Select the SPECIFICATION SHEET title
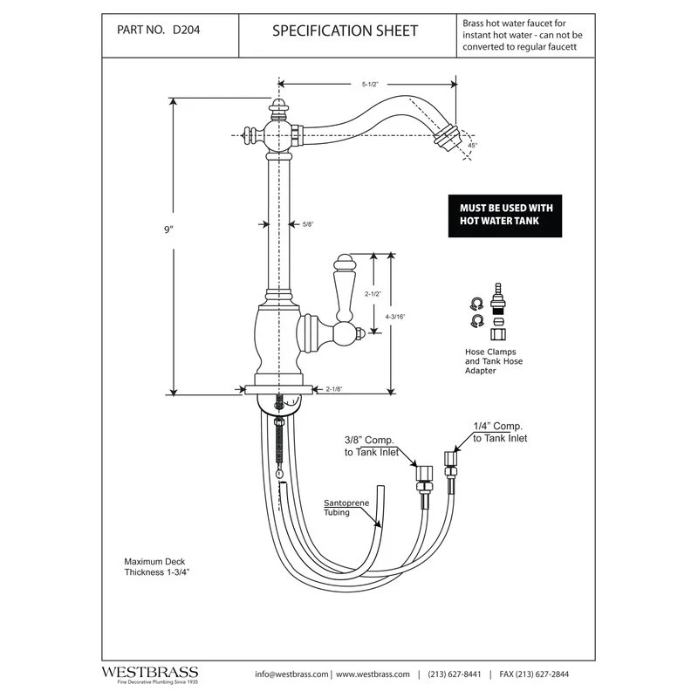[345, 31]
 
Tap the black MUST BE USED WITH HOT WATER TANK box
[506, 215]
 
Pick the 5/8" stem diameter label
[307, 224]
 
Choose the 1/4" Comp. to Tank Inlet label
[500, 433]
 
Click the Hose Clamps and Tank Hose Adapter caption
[494, 361]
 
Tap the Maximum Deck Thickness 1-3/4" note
[157, 567]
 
